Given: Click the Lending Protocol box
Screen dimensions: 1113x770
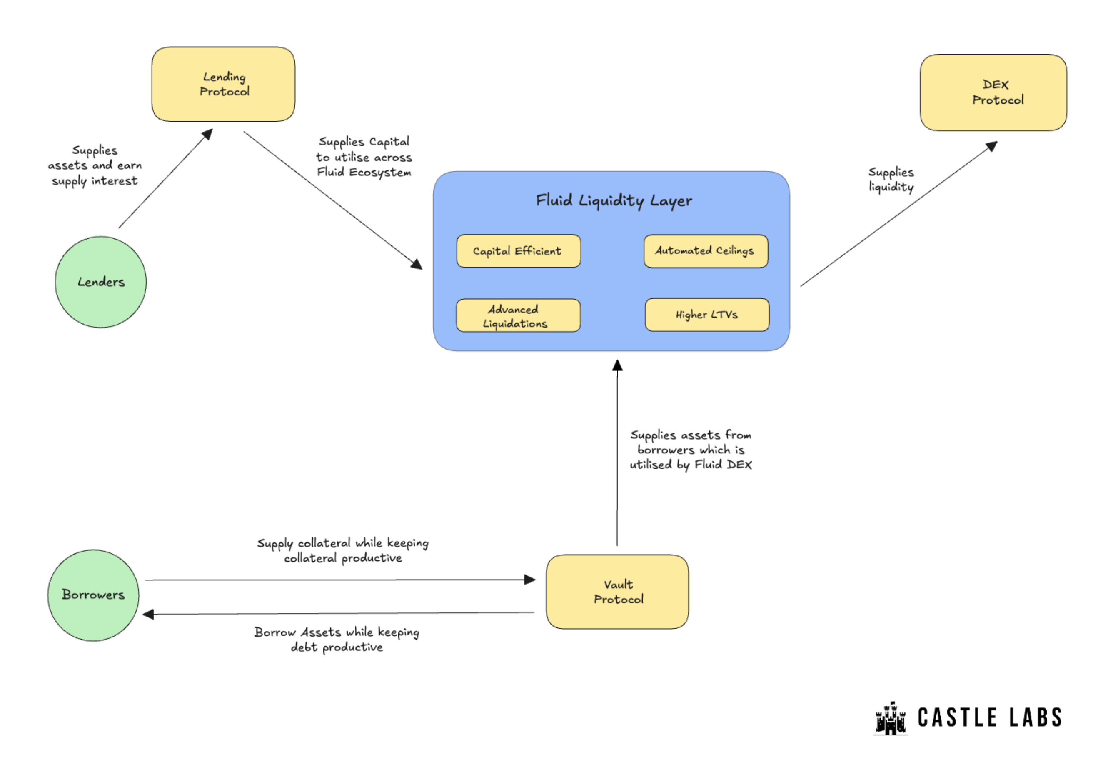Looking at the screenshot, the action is point(223,84).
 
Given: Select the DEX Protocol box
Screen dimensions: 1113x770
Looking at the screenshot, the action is point(993,92).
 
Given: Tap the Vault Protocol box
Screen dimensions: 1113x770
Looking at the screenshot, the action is point(617,592).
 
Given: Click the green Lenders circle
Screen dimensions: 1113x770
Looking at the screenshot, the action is point(101,282).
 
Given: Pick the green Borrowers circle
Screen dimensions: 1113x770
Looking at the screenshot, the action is point(93,595).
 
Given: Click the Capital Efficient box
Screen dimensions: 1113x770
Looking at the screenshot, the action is point(519,251).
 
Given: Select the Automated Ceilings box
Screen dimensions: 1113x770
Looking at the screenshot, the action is point(706,251).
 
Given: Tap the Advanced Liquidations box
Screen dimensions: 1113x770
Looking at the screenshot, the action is point(518,315).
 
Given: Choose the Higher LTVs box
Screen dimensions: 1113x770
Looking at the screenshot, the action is point(707,315).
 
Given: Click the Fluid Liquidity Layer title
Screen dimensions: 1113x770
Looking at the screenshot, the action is point(614,200).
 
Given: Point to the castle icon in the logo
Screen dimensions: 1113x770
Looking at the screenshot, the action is point(890,718).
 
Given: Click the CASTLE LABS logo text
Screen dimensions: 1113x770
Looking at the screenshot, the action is point(990,717).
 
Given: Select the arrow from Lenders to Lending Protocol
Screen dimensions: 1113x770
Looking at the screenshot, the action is point(165,178).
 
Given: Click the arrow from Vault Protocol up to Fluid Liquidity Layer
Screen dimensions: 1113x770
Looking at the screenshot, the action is point(617,452).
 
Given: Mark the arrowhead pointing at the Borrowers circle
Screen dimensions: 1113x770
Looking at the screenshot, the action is point(148,614).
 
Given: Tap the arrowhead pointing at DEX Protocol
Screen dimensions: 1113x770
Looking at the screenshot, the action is point(991,146).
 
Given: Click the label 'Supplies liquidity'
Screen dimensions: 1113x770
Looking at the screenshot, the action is point(891,180).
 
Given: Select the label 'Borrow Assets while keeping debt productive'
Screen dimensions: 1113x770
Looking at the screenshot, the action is point(337,639).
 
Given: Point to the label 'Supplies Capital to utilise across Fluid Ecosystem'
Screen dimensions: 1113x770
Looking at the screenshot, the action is point(364,157).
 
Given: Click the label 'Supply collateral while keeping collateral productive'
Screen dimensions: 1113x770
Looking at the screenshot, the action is point(342,550).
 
